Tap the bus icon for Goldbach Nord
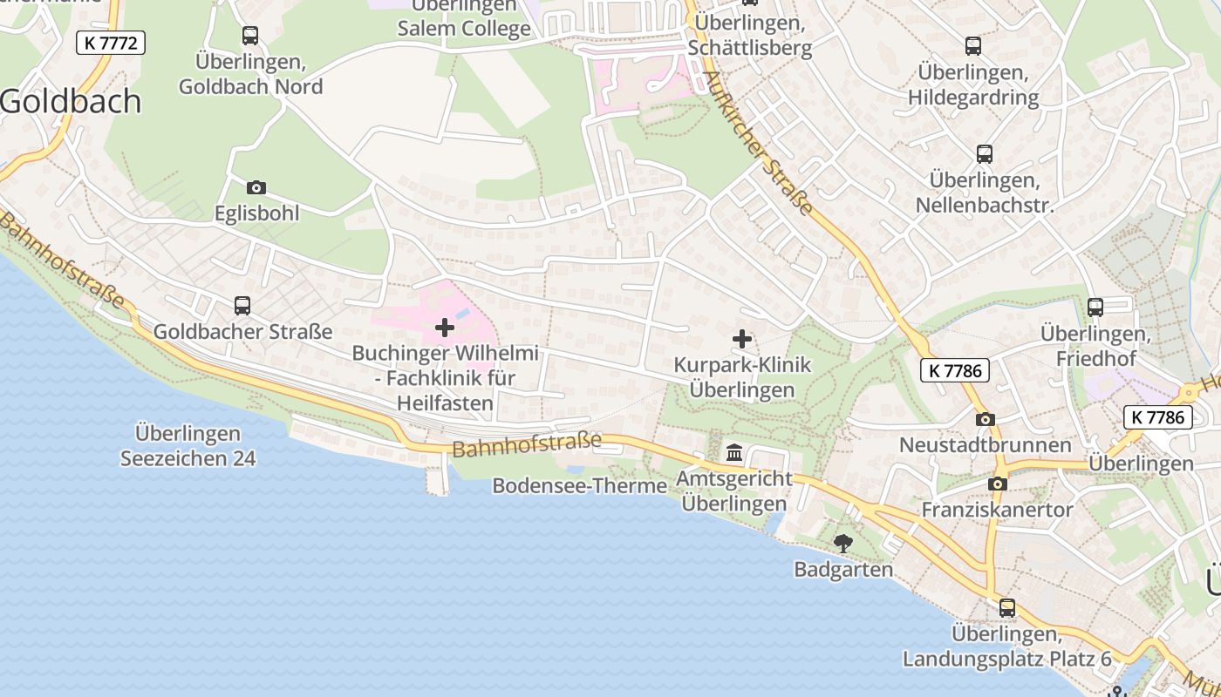click(250, 36)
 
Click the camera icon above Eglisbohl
click(256, 187)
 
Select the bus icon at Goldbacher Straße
click(242, 306)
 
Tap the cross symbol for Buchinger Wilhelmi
click(445, 328)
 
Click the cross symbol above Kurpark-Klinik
click(742, 338)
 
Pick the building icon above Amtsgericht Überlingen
click(734, 453)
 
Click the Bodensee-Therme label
click(579, 485)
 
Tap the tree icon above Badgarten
click(843, 544)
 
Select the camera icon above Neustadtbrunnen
click(986, 419)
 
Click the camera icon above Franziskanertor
click(998, 484)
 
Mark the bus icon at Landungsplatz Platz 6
click(1007, 607)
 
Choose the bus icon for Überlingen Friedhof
click(1095, 307)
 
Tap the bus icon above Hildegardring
click(973, 46)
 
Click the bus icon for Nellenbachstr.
click(985, 154)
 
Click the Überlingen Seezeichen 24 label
click(188, 445)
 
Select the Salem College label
click(464, 28)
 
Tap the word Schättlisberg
click(750, 49)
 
